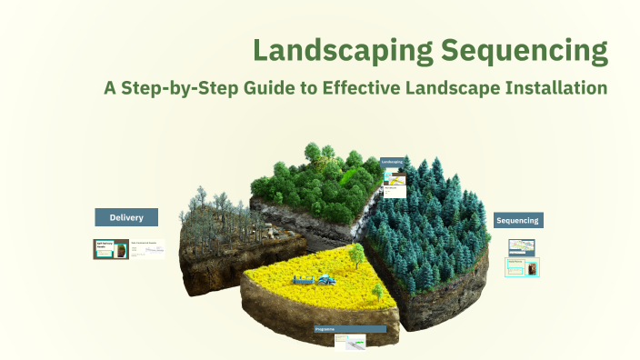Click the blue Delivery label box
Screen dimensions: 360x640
pos(126,217)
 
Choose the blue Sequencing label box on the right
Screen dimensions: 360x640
pos(518,220)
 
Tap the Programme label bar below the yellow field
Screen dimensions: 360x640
pos(350,328)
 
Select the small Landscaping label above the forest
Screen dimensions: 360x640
pos(393,162)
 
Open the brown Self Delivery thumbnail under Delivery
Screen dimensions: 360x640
pos(110,249)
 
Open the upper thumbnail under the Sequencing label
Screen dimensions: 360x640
pos(522,245)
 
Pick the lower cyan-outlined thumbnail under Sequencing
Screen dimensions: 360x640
pos(522,267)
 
